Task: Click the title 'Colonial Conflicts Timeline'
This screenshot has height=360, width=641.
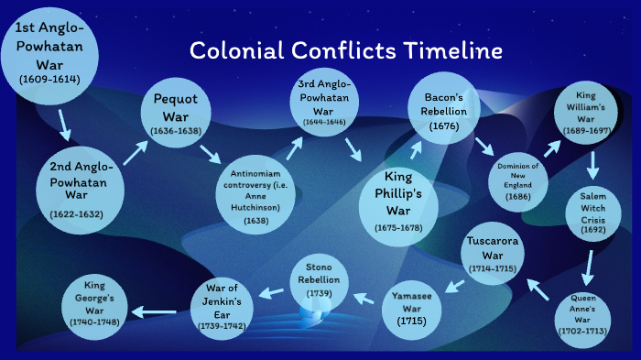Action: (346, 49)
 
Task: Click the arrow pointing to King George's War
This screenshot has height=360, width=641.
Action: (157, 311)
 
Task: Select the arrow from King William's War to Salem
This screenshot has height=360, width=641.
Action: (593, 165)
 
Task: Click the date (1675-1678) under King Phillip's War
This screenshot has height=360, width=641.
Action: (398, 226)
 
